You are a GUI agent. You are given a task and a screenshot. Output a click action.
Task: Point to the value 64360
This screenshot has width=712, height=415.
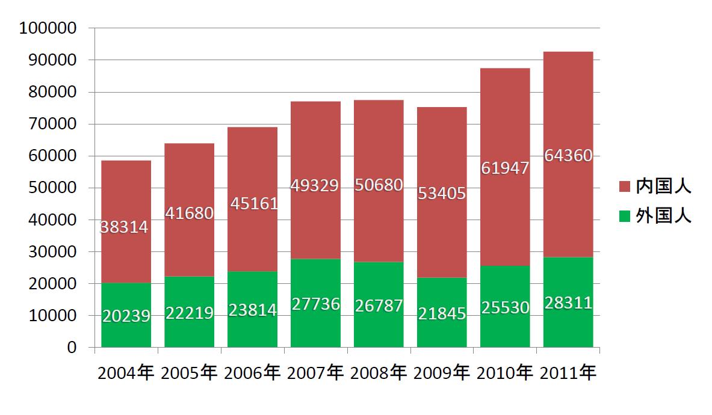pyautogui.click(x=568, y=156)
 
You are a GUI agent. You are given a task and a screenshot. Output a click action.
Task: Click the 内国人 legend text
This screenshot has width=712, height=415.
pyautogui.click(x=664, y=186)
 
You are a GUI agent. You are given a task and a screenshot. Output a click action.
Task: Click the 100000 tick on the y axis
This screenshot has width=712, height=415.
pyautogui.click(x=48, y=28)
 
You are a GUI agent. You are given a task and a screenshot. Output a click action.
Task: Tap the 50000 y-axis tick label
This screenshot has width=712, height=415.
pyautogui.click(x=51, y=188)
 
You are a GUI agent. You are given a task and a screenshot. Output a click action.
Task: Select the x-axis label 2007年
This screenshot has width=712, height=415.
pyautogui.click(x=315, y=373)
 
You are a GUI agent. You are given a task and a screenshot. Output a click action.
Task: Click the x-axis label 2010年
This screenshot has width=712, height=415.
pyautogui.click(x=505, y=373)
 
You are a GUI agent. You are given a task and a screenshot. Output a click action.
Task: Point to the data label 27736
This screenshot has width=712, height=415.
pyautogui.click(x=315, y=304)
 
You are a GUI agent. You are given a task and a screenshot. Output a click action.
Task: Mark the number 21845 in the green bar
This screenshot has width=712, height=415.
pyautogui.click(x=442, y=313)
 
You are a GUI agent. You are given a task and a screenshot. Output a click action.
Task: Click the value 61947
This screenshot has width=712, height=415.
pyautogui.click(x=505, y=168)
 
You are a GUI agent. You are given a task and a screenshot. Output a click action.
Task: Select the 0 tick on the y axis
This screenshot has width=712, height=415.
pyautogui.click(x=72, y=348)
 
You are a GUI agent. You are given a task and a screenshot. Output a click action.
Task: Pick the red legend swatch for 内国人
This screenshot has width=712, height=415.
pyautogui.click(x=624, y=187)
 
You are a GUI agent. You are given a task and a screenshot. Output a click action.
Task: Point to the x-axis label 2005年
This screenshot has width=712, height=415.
pyautogui.click(x=189, y=373)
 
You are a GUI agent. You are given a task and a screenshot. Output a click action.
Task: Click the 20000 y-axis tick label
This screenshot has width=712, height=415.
pyautogui.click(x=51, y=283)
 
